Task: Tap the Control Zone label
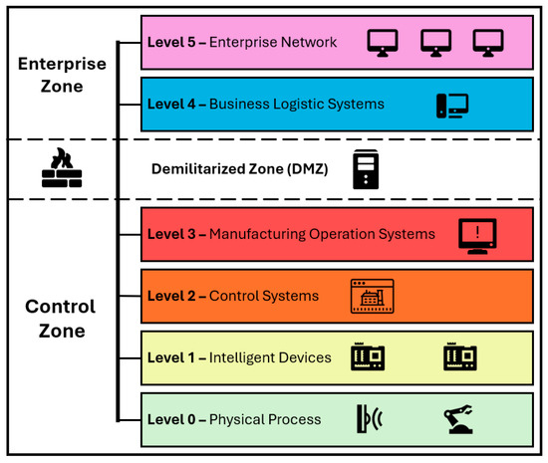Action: pos(60,319)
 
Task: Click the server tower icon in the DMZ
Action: pos(366,169)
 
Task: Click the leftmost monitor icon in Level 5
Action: pos(383,42)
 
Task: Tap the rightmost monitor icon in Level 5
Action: pos(488,42)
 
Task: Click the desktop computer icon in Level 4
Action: pos(451,104)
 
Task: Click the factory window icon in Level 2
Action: pos(373,296)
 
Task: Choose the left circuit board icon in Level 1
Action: pos(369,355)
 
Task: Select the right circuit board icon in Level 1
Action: pos(460,355)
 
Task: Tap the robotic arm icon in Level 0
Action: pos(460,417)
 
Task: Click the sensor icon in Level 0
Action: pos(368,417)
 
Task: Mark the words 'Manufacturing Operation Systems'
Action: pos(322,235)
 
